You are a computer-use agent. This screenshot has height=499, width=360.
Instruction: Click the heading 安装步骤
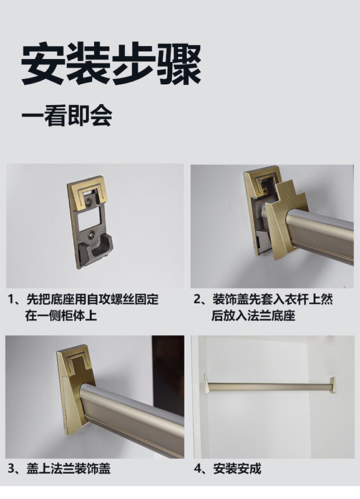[111, 64]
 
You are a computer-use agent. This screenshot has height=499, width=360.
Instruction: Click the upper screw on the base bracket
[92, 201]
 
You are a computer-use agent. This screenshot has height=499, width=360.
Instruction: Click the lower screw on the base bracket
[92, 235]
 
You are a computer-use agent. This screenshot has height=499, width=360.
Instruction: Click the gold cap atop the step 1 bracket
[87, 190]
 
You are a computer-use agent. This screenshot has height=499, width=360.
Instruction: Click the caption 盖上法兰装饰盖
[69, 468]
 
